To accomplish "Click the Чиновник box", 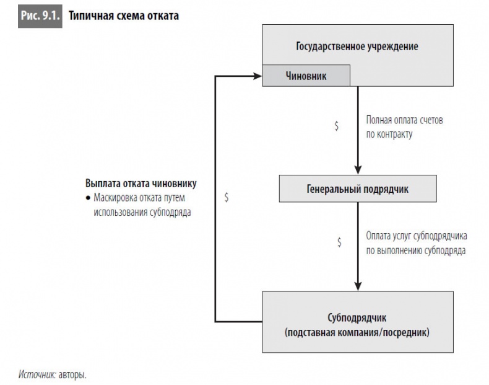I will pos(306,76).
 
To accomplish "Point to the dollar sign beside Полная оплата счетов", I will pos(336,126).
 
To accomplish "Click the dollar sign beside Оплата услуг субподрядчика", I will pos(339,242).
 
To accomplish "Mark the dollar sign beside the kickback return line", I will pos(227,197).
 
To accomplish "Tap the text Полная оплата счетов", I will pos(405,120).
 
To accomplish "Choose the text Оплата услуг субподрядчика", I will pos(417,236).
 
